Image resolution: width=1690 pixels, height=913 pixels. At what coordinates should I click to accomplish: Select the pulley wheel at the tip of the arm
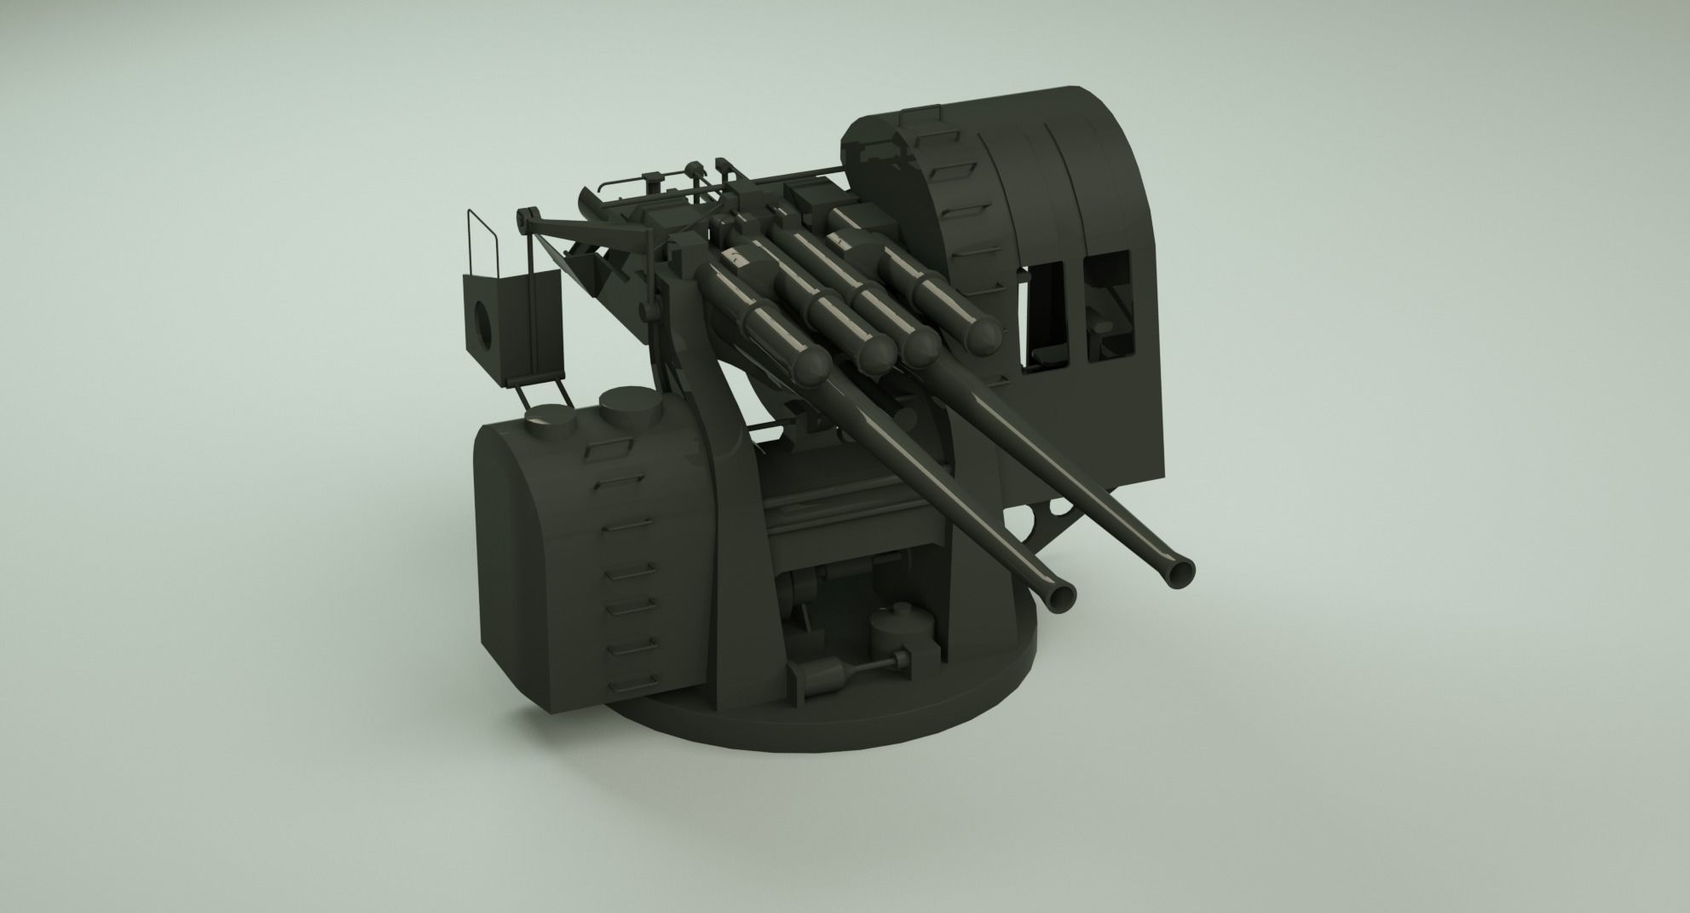(522, 218)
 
